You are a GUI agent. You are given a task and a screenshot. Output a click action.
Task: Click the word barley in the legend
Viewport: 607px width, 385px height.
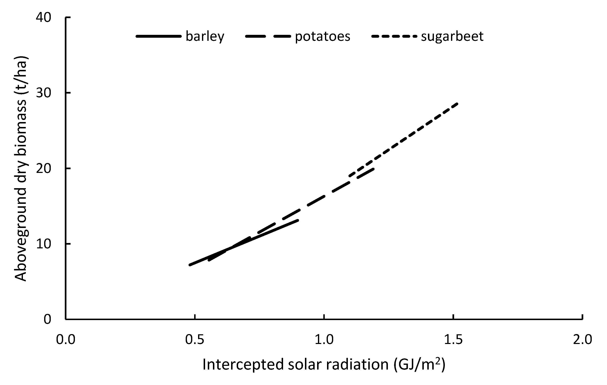tap(205, 36)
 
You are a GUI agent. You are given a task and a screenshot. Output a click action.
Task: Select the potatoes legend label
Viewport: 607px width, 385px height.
tap(322, 36)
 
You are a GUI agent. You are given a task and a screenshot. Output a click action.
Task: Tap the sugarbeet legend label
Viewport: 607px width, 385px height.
tap(452, 36)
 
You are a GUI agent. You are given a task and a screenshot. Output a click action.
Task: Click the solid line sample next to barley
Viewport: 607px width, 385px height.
tap(158, 36)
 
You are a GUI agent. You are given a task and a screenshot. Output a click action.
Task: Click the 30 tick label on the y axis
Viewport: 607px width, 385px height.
tap(43, 93)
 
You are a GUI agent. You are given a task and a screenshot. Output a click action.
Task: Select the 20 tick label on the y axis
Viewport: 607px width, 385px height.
tap(43, 168)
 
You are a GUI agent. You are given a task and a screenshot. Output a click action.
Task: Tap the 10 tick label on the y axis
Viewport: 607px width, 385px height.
tap(43, 244)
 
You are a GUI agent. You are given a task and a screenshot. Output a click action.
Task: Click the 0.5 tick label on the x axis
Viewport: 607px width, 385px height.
tap(195, 340)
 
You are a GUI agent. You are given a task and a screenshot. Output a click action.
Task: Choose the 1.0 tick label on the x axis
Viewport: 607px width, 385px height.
tap(324, 340)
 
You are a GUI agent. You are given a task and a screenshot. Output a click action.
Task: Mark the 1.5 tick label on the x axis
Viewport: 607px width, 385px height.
tap(453, 340)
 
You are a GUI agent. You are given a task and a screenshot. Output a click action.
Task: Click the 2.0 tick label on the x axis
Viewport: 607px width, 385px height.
tap(582, 340)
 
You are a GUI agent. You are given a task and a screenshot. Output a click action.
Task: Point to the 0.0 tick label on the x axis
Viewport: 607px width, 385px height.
tap(66, 340)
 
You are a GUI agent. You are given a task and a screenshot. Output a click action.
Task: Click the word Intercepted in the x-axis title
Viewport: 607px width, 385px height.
tap(243, 365)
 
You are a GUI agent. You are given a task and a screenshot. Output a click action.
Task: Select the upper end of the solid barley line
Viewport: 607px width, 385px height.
tap(298, 220)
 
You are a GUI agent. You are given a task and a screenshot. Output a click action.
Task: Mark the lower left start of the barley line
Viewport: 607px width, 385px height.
tap(190, 265)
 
